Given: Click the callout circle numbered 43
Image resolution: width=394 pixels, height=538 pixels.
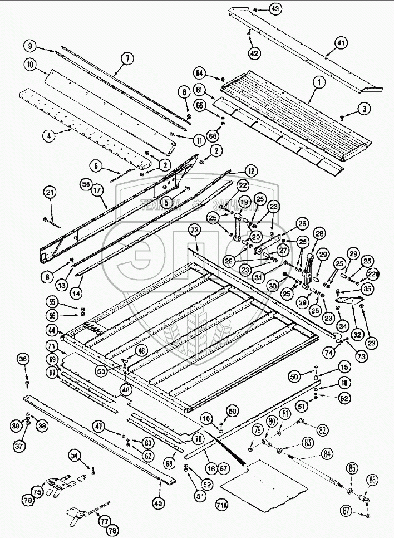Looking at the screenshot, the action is (x=276, y=8).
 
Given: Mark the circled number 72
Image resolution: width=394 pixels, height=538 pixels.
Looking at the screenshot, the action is (x=194, y=229).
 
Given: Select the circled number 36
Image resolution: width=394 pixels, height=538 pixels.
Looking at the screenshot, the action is (x=23, y=360).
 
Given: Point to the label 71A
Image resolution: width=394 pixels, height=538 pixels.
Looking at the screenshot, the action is (x=222, y=506).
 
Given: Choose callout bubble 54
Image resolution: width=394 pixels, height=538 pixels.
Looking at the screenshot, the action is (x=76, y=456).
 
